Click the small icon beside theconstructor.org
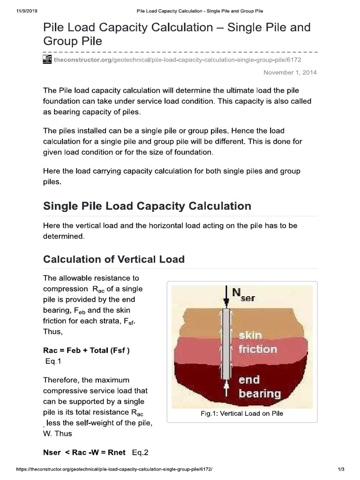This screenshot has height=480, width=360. tap(47, 60)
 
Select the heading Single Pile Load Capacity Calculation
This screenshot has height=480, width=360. tap(147, 206)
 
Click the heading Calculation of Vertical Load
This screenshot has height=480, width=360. tap(114, 259)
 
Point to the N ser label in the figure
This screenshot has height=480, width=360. tap(244, 295)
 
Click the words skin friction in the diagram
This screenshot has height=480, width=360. tap(257, 342)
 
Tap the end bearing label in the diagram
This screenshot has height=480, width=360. tap(259, 386)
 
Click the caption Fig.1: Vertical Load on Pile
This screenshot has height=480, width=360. tap(241, 413)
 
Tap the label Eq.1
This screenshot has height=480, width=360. tap(52, 361)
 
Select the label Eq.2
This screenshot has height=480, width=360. tap(140, 453)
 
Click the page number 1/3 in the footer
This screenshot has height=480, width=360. tap(341, 469)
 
